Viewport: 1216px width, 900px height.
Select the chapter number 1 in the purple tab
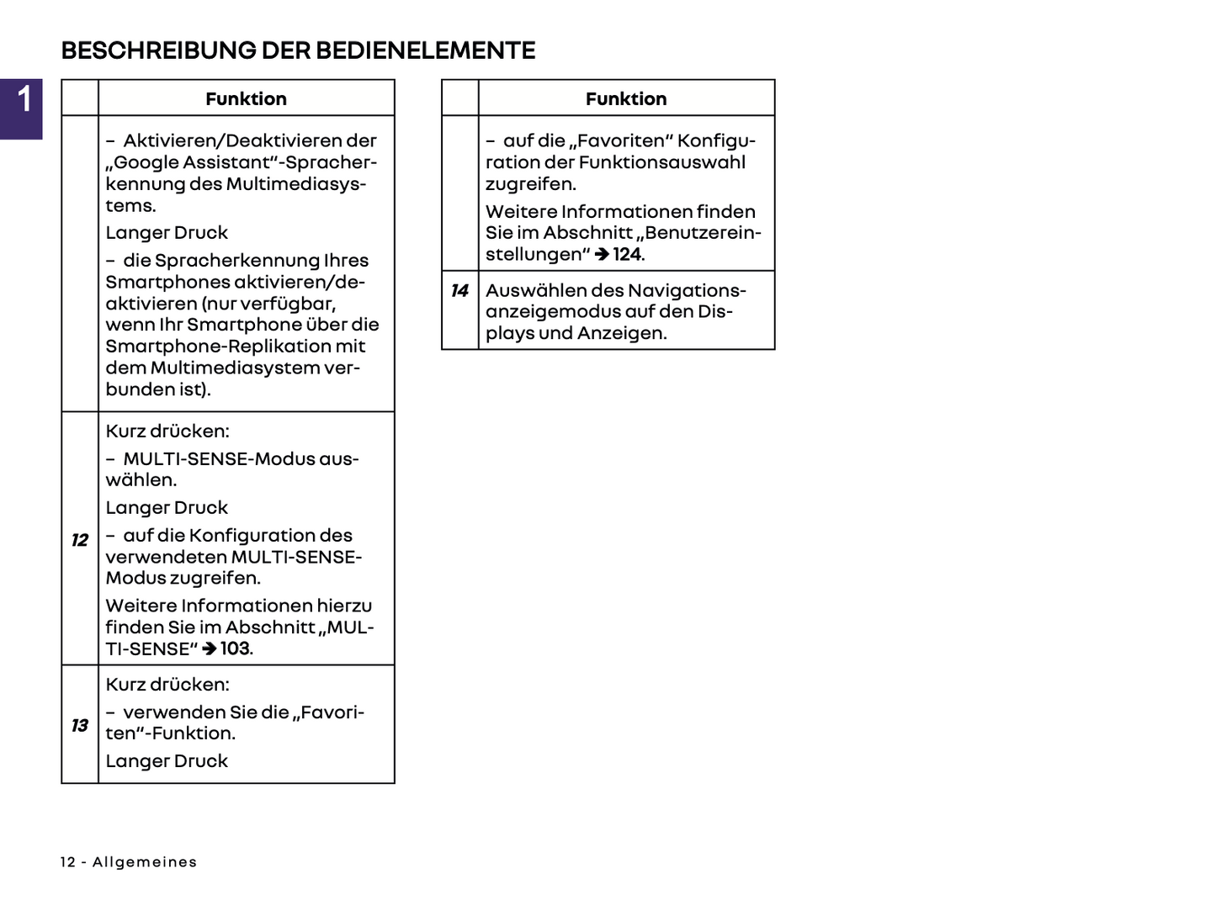tap(24, 98)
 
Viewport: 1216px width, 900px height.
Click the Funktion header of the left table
tap(246, 98)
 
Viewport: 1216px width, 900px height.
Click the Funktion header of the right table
tap(626, 98)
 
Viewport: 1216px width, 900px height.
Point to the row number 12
tap(80, 540)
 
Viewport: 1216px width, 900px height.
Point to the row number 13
tap(80, 725)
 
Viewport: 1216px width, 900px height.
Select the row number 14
tap(459, 291)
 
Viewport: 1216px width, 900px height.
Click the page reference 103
tap(235, 649)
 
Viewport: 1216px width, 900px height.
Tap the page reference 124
tap(627, 254)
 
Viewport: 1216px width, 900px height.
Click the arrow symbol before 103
tap(210, 649)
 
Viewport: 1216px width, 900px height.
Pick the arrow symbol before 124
tap(602, 255)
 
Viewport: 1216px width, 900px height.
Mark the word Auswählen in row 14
tap(524, 291)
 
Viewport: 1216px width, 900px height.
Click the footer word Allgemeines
tap(145, 862)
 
